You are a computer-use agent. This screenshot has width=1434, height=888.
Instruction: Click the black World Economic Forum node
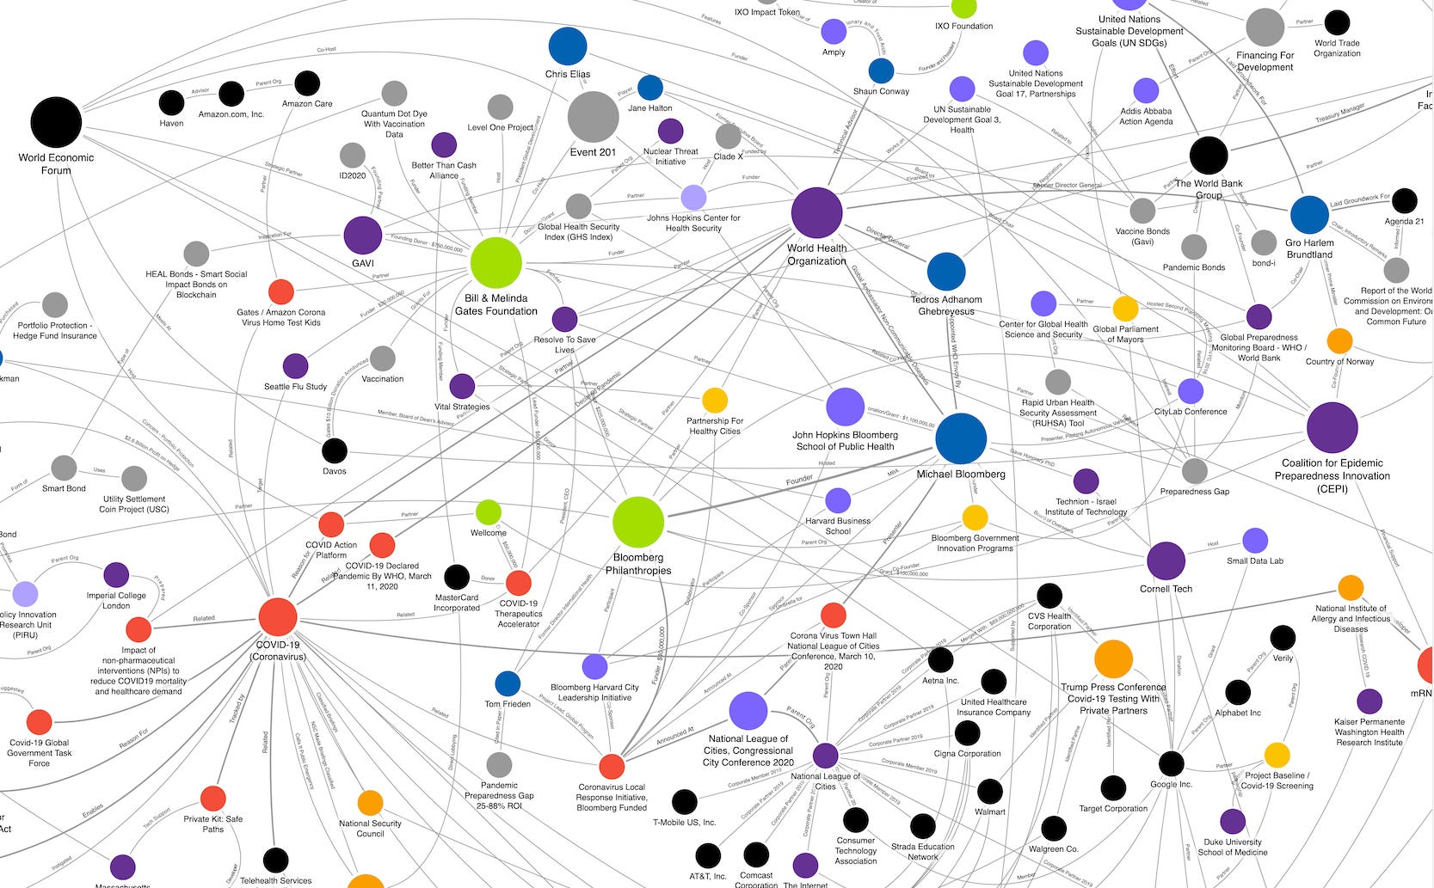click(56, 123)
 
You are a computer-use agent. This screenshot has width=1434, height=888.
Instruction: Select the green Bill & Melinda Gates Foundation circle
click(496, 263)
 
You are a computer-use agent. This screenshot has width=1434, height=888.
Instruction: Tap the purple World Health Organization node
click(816, 212)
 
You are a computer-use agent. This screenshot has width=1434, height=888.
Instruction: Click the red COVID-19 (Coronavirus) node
click(278, 616)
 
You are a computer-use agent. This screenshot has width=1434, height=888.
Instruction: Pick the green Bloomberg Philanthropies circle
click(638, 522)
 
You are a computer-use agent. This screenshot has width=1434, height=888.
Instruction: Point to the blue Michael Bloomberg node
click(961, 438)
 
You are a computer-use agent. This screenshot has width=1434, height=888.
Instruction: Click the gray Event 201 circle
click(594, 117)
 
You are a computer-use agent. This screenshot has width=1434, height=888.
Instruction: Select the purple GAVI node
click(363, 236)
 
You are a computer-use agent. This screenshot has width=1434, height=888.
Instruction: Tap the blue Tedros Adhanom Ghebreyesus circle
click(946, 272)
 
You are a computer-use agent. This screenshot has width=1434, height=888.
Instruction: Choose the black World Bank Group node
click(1209, 156)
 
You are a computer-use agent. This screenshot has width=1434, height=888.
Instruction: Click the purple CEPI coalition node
click(1332, 427)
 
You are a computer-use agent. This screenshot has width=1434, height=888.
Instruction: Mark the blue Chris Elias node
click(568, 46)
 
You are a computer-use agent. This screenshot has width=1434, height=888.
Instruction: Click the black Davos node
click(335, 450)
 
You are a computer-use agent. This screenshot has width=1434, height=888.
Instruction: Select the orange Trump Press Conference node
click(1113, 659)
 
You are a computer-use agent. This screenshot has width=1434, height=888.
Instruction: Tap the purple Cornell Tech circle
click(1166, 561)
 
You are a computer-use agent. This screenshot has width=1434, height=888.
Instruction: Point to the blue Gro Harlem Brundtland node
click(1309, 215)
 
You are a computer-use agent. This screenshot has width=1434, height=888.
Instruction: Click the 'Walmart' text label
click(990, 811)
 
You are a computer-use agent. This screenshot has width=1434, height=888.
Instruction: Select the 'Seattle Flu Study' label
click(295, 387)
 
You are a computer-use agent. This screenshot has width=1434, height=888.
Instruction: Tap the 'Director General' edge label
click(888, 238)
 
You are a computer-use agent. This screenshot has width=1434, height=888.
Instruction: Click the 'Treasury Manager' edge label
click(1339, 113)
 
